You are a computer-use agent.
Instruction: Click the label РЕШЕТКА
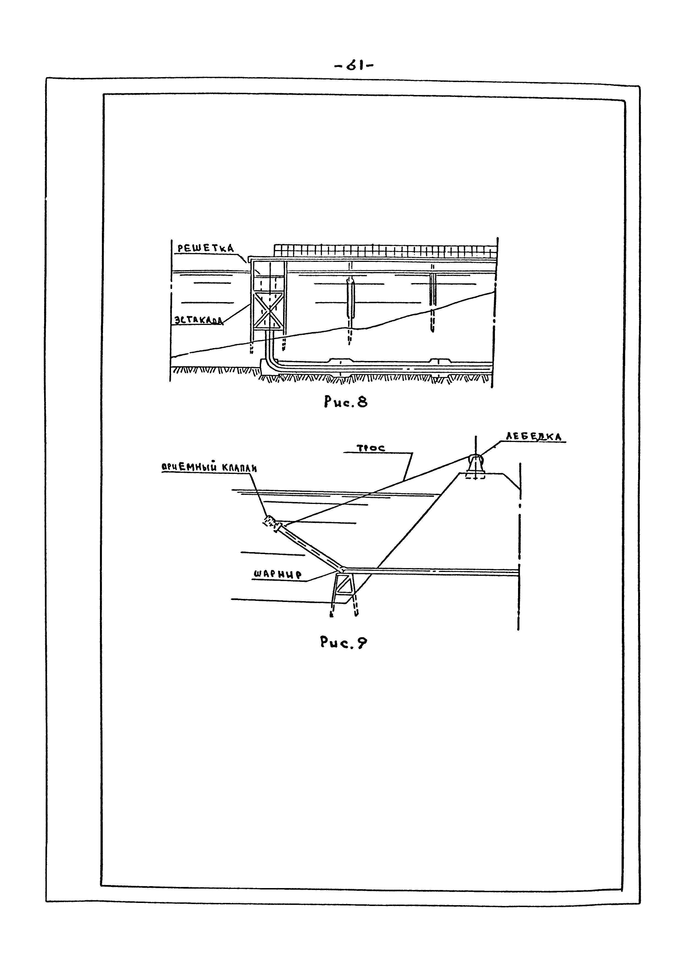click(205, 248)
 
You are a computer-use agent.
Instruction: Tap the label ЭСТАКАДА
click(198, 321)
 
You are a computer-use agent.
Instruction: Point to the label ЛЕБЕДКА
click(534, 437)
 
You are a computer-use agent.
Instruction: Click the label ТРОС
click(371, 449)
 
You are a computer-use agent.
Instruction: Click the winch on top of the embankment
click(475, 465)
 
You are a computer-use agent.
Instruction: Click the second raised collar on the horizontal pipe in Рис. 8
click(440, 361)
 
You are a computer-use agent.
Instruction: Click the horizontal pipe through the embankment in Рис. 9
click(433, 571)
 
